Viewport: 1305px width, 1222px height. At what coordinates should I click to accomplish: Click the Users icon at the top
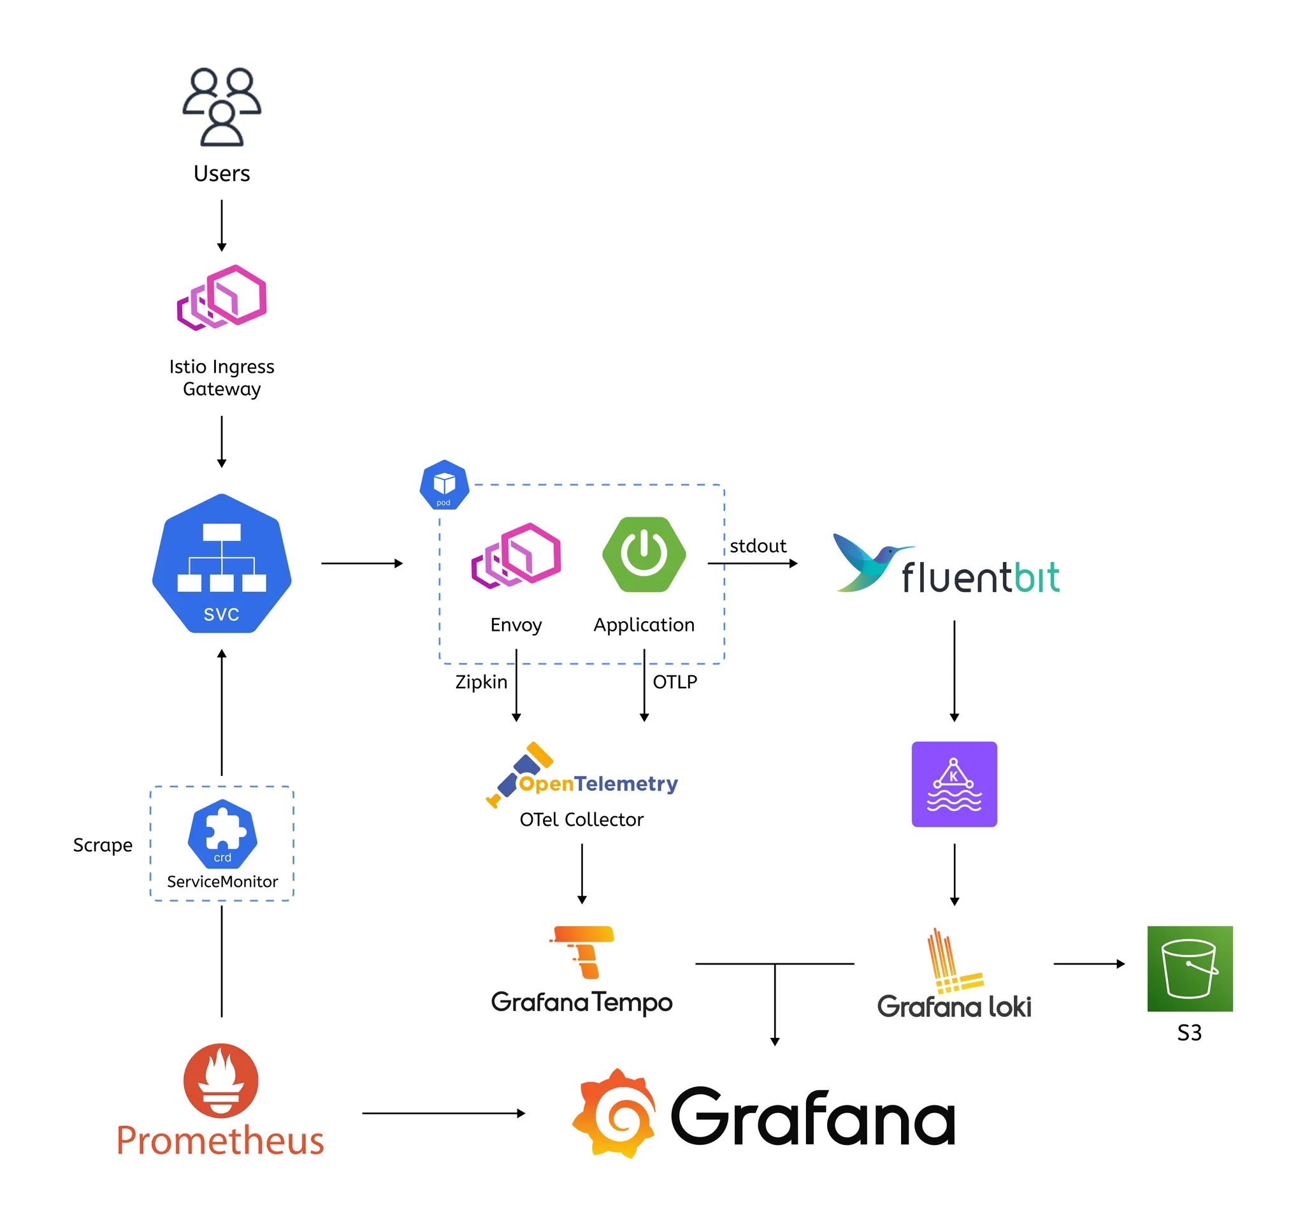222,106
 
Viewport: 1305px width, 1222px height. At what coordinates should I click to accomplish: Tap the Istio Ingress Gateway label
222,377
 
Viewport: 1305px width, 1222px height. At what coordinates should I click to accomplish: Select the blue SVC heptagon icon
222,563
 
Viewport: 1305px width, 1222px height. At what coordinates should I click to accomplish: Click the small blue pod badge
444,485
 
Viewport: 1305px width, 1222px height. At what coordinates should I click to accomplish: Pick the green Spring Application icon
644,554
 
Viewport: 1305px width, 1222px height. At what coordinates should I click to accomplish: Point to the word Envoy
516,625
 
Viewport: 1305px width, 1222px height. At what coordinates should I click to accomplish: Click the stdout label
758,546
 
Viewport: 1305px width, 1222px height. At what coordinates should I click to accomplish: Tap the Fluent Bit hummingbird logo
868,563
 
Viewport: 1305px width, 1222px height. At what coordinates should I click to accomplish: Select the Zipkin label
481,682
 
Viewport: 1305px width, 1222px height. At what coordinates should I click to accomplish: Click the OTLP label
675,682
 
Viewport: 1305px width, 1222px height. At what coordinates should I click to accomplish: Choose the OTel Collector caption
582,820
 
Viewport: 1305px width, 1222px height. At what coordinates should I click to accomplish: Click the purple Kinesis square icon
954,784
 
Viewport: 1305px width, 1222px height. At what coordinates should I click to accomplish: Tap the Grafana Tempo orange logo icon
583,952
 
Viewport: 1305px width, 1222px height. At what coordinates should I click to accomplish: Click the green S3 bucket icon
1190,968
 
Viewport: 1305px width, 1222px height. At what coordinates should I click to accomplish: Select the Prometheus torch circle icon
220,1081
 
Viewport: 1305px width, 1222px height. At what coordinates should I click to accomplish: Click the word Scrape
103,845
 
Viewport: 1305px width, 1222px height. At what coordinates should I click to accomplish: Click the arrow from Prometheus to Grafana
443,1114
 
